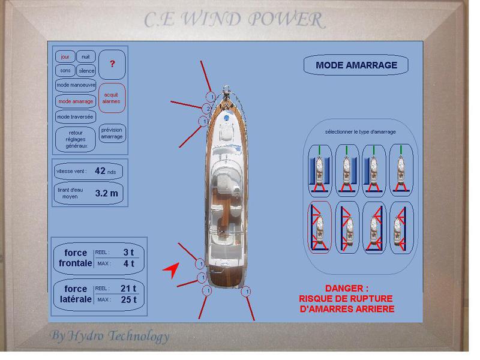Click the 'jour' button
65,57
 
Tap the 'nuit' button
86,56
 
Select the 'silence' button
86,71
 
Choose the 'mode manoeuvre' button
76,85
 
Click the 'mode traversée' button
76,116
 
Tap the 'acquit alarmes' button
112,98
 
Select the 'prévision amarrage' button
112,133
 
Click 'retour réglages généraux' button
76,139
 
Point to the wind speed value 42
100,170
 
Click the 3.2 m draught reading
107,193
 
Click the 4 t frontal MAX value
129,263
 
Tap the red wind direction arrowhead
172,270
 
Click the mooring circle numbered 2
207,109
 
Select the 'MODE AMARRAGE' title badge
356,65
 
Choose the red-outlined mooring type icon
319,227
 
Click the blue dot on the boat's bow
227,118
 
